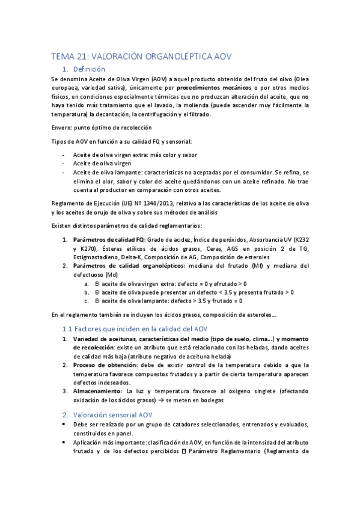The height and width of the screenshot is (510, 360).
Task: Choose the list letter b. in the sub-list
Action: point(88,292)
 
